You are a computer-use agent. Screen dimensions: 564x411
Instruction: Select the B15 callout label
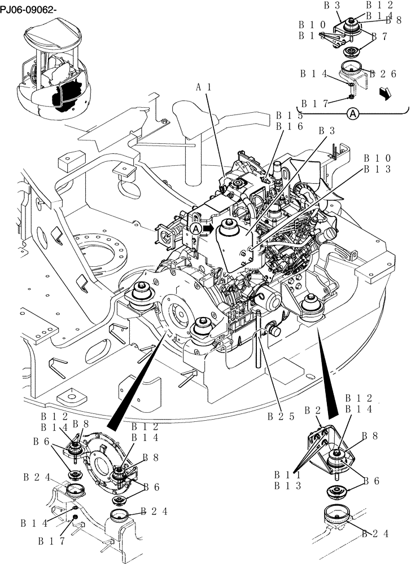click(288, 115)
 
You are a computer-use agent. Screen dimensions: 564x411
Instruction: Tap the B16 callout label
click(288, 126)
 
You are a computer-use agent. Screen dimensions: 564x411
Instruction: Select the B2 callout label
click(313, 409)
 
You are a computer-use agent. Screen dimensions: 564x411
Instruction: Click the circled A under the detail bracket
click(352, 114)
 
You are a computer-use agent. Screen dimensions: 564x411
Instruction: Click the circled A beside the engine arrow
click(195, 228)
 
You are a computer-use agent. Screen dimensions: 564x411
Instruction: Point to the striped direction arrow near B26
click(385, 93)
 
